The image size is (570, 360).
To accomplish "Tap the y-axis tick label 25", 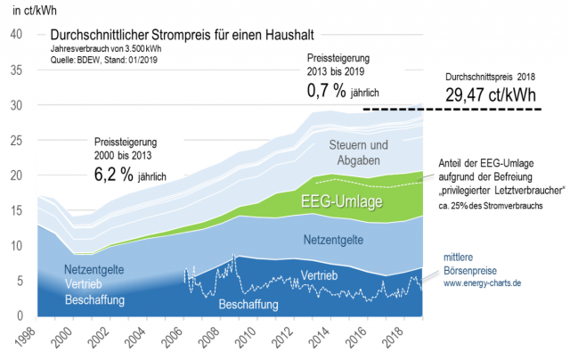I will click(17, 140).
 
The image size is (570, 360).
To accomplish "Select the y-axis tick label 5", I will click(20, 281).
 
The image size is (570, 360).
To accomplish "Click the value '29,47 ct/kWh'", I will click(493, 94).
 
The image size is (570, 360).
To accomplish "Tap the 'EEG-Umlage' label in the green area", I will click(343, 202).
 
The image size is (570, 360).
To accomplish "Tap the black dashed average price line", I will click(463, 110).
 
